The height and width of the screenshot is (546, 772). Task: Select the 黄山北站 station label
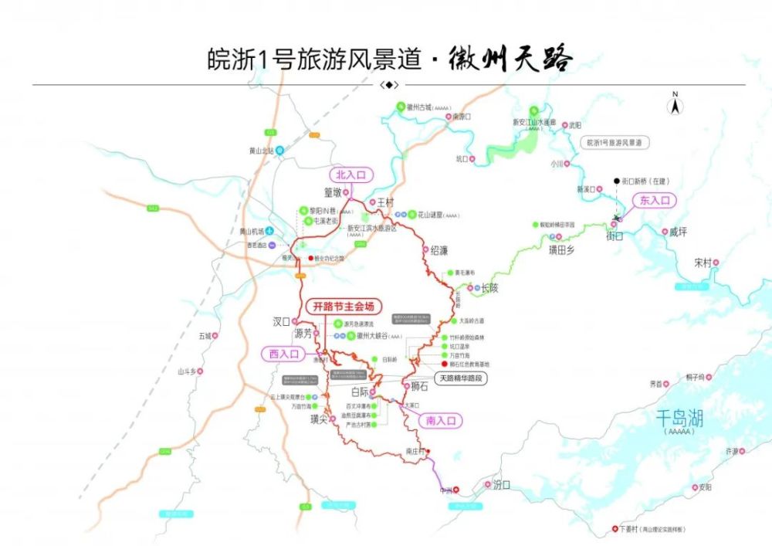click(x=258, y=151)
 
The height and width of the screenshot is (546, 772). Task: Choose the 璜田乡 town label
click(x=561, y=249)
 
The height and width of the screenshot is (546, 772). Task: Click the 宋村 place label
click(x=702, y=262)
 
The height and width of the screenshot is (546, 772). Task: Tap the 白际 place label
click(x=360, y=392)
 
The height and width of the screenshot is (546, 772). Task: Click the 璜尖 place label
click(x=320, y=419)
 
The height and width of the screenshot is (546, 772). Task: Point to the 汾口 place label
click(x=502, y=484)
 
